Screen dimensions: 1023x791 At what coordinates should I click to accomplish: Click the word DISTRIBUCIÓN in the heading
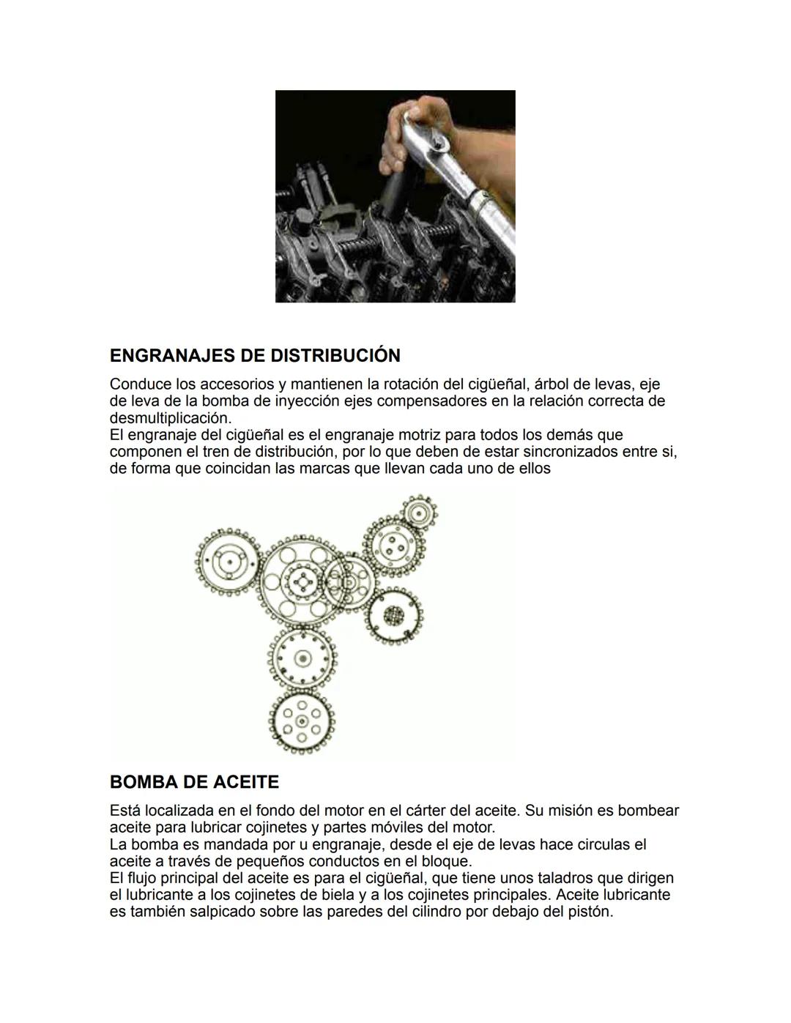tap(335, 356)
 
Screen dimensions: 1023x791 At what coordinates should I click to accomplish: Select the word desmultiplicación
tap(170, 418)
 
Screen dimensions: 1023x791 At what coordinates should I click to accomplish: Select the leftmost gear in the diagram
tap(227, 562)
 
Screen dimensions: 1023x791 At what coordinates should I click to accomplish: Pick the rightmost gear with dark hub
tap(395, 614)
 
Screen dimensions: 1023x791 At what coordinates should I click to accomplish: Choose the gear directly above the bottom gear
tap(301, 658)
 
